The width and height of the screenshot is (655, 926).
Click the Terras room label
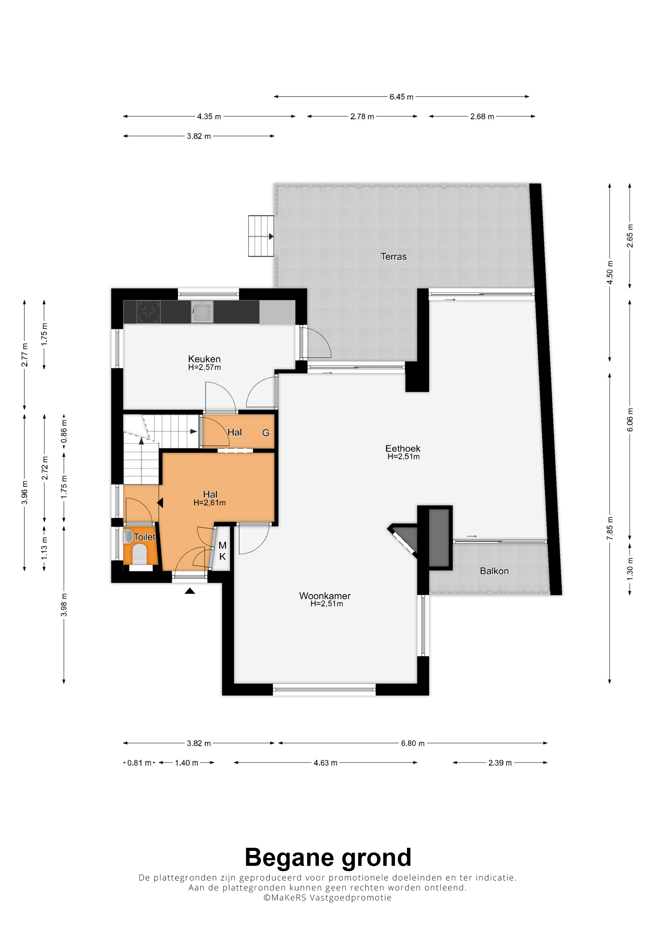[x=394, y=257]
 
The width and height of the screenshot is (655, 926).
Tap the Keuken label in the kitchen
[x=204, y=359]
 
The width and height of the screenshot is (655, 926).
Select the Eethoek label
[x=403, y=449]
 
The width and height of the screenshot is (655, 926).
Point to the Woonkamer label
[x=325, y=596]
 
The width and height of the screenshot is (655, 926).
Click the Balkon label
[x=494, y=571]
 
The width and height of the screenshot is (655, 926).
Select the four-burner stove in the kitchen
[x=149, y=312]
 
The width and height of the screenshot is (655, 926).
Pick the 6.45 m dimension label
[x=401, y=97]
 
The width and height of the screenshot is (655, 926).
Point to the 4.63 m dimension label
[x=325, y=763]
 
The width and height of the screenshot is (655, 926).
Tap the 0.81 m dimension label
[x=139, y=763]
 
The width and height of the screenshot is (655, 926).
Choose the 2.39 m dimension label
[x=500, y=763]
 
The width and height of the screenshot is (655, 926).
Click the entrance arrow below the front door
[x=190, y=591]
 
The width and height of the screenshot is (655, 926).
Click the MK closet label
[x=222, y=551]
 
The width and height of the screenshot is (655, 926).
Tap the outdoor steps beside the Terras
[x=261, y=236]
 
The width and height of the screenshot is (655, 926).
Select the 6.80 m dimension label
[x=412, y=743]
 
